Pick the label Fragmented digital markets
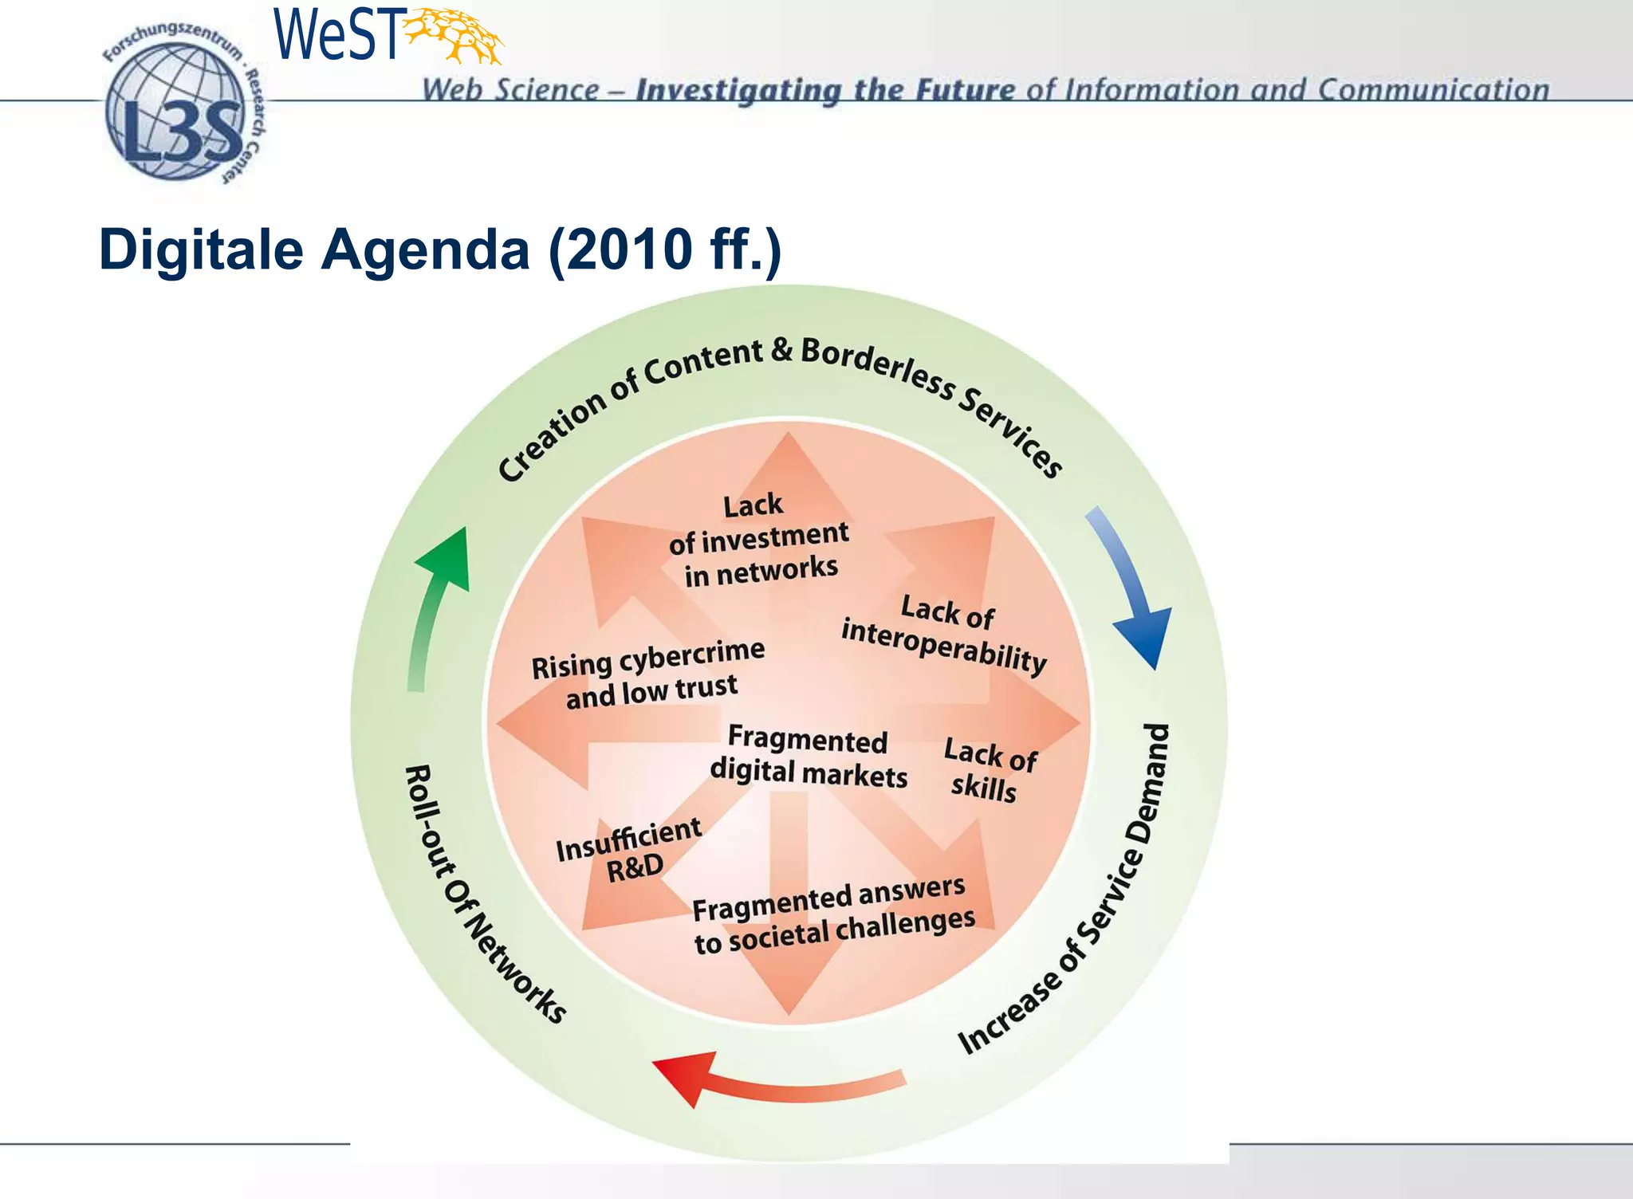pyautogui.click(x=808, y=756)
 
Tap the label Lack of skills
pyautogui.click(x=989, y=769)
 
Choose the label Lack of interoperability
pyautogui.click(x=945, y=635)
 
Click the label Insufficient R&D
pyautogui.click(x=629, y=850)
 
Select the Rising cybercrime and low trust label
pyautogui.click(x=648, y=674)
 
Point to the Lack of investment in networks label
pyautogui.click(x=758, y=540)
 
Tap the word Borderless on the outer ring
pyautogui.click(x=877, y=367)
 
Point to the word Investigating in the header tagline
pyautogui.click(x=738, y=90)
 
